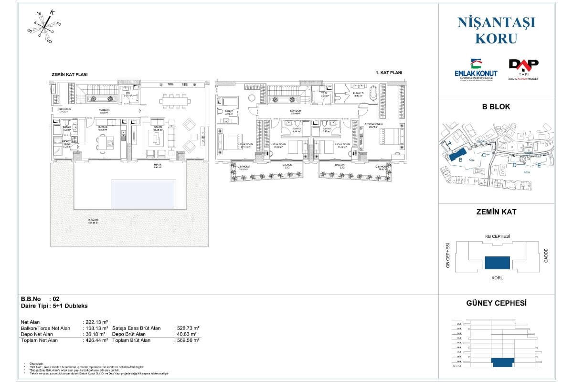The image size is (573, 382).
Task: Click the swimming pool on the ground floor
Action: pos(143,194)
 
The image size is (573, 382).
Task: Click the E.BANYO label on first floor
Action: pos(359,94)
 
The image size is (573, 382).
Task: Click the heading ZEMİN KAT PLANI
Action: pos(70,75)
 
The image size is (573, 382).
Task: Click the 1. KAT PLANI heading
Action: pos(389,73)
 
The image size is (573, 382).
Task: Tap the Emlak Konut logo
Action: pos(476,70)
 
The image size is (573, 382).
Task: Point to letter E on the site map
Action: pos(539,165)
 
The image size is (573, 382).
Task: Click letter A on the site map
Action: pos(449,143)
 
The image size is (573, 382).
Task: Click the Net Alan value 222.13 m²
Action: pos(95,322)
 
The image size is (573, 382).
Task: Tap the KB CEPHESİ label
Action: pos(497,237)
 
